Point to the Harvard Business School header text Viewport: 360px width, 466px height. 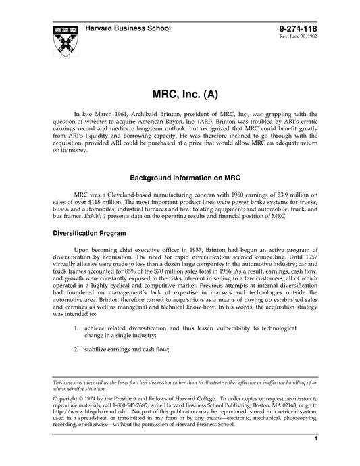click(128, 28)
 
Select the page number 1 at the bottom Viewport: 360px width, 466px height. click(315, 458)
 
